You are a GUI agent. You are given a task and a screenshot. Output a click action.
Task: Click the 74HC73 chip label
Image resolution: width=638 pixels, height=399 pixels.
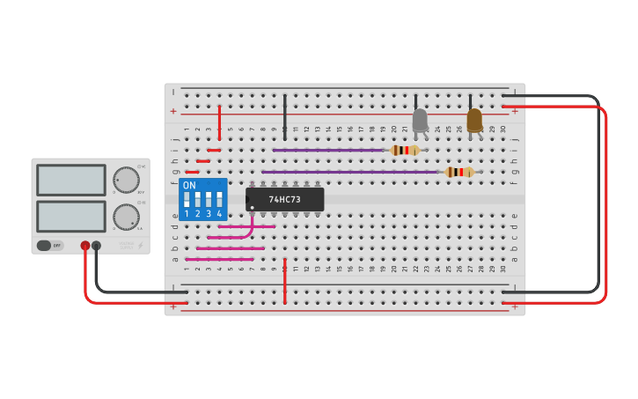(x=284, y=200)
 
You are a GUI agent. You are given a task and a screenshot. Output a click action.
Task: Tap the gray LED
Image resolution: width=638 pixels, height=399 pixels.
(x=420, y=121)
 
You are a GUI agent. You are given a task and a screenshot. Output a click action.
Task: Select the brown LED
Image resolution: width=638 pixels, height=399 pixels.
(x=474, y=120)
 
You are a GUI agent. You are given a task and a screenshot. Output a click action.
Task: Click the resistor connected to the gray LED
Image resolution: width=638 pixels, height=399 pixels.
(x=405, y=150)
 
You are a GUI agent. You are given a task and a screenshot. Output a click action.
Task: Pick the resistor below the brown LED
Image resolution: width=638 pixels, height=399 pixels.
(x=459, y=172)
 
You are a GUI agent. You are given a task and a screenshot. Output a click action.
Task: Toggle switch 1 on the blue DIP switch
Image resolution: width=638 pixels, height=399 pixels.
(x=187, y=198)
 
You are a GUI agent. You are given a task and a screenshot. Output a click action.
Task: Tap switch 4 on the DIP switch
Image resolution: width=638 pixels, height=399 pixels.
(x=219, y=198)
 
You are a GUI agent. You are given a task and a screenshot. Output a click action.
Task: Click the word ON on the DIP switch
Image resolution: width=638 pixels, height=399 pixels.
(x=189, y=186)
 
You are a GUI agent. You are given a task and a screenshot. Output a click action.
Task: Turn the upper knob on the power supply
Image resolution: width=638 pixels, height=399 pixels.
(x=126, y=180)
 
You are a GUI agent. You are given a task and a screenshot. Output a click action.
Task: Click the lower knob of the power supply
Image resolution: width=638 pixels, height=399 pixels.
(x=126, y=217)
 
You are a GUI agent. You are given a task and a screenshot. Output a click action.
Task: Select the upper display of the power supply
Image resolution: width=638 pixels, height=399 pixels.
(x=71, y=180)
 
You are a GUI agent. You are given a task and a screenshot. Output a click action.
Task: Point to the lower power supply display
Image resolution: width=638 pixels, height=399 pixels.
(x=71, y=216)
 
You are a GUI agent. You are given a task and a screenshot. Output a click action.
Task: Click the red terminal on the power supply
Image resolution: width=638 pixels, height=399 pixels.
(x=85, y=246)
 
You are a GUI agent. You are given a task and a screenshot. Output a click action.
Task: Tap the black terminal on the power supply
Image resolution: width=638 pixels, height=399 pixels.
(x=97, y=246)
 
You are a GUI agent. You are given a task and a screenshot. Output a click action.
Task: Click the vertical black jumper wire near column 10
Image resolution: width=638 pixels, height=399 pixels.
(x=284, y=115)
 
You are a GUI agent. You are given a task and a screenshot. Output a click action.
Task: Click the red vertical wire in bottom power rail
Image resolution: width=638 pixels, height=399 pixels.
(x=284, y=282)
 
